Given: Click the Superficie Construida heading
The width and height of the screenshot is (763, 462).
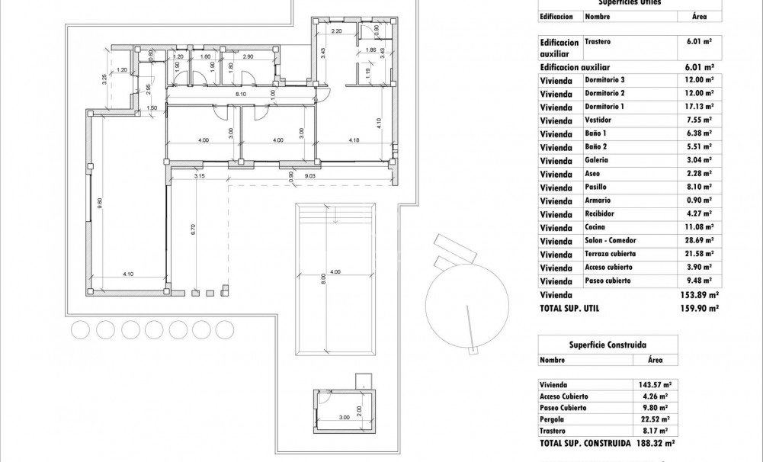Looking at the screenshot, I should [598, 345].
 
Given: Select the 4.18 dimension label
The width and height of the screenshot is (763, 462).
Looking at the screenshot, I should [354, 140].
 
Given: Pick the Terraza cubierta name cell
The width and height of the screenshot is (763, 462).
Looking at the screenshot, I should [610, 254].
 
